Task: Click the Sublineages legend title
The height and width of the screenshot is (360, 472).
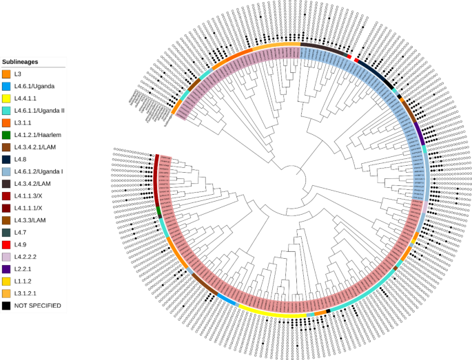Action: pos(21,61)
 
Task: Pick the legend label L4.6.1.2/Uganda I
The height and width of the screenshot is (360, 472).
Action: pos(39,171)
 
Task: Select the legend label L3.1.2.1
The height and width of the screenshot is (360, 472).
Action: pos(27,293)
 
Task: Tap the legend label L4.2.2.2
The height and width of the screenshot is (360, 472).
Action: pos(27,257)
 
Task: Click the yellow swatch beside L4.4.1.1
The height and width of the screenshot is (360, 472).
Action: pos(6,98)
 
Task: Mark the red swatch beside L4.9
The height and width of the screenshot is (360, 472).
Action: pos(6,244)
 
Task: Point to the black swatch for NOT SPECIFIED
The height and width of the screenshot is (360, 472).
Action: pos(6,306)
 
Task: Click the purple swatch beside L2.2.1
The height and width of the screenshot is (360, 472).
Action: pos(6,268)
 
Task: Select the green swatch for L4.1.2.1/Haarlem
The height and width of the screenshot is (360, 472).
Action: pos(6,135)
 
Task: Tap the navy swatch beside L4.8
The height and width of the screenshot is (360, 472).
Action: pos(6,159)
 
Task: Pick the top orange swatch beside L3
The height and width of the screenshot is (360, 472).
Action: pos(6,74)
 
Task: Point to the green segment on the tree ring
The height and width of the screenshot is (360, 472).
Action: pos(158,210)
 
